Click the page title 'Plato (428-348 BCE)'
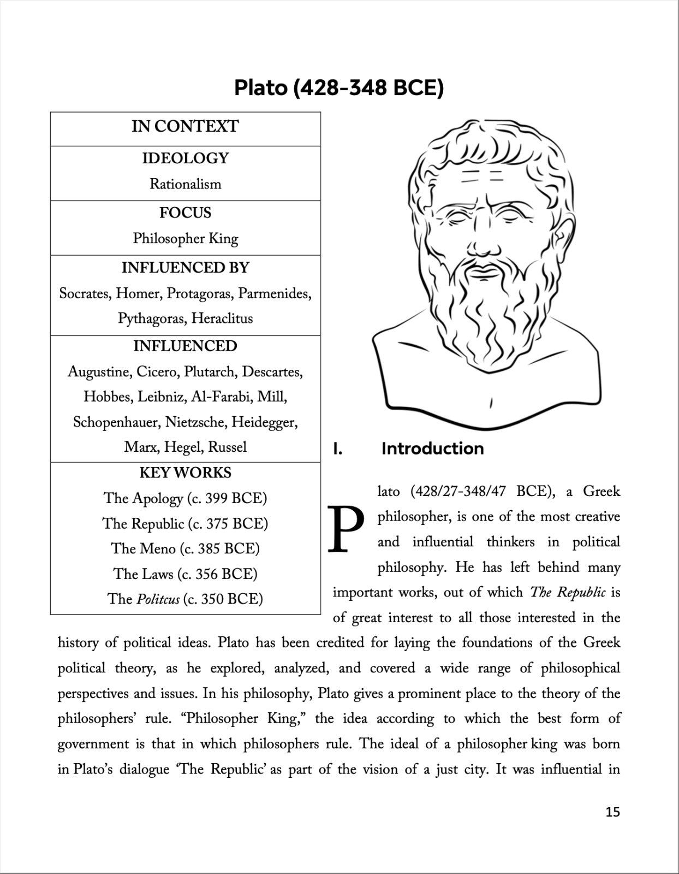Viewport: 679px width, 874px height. point(339,87)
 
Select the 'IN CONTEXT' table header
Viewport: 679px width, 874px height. point(185,127)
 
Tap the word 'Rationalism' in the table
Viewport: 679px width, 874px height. point(186,184)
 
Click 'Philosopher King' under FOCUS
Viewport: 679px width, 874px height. point(186,239)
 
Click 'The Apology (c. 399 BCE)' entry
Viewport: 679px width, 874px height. point(185,498)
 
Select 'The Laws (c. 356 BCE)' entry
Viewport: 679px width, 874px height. point(185,574)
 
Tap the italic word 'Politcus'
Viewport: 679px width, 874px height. point(158,599)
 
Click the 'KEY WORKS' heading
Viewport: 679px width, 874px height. point(185,473)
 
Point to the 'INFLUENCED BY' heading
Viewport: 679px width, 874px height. point(185,268)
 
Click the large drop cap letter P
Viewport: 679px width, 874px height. point(346,529)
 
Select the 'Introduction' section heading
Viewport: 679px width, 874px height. point(432,449)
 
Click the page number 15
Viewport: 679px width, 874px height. point(612,812)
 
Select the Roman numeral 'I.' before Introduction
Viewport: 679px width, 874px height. point(338,449)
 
